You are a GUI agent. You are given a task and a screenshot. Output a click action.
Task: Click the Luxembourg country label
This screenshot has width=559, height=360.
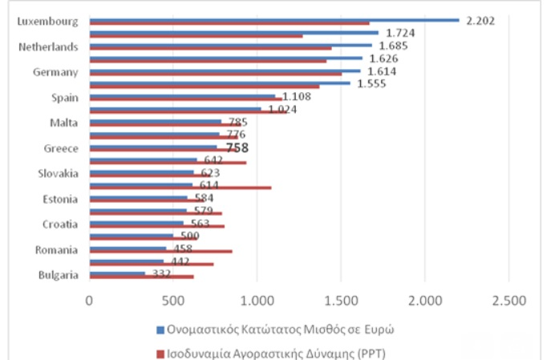pyautogui.click(x=47, y=21)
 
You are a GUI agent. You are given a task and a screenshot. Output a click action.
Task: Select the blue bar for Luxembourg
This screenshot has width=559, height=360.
pyautogui.click(x=273, y=19)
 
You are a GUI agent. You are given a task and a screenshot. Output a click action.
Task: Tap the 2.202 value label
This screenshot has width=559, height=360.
pyautogui.click(x=480, y=20)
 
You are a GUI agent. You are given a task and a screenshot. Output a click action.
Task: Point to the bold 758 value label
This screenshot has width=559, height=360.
pyautogui.click(x=237, y=148)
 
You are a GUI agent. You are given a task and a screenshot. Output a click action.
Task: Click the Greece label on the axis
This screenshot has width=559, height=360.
pyautogui.click(x=62, y=148)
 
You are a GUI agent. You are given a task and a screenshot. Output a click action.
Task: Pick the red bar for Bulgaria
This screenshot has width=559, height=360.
pyautogui.click(x=141, y=277)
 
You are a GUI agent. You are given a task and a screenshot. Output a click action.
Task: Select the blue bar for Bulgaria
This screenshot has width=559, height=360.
pyautogui.click(x=117, y=273)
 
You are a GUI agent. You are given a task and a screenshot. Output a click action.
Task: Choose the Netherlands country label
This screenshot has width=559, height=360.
pyautogui.click(x=48, y=47)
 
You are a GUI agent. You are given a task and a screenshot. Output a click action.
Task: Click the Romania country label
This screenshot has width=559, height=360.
pyautogui.click(x=56, y=250)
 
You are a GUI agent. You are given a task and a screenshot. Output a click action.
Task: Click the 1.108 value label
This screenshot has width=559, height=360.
pyautogui.click(x=297, y=97)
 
